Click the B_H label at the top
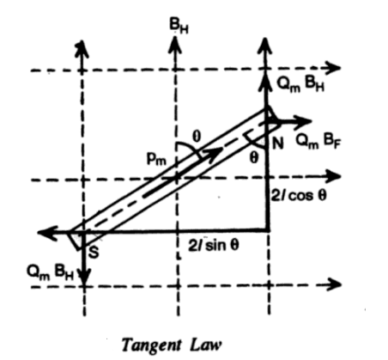point(179,27)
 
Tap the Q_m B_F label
point(318,141)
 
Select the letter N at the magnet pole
point(278,143)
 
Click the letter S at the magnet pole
point(94,252)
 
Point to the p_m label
point(156,158)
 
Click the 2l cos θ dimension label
point(299,196)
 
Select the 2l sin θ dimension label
point(214,245)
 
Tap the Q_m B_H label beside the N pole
point(300,84)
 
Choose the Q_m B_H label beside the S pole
point(51,272)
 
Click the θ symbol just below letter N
point(254,158)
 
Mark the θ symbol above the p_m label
point(197,137)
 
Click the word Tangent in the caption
point(152,345)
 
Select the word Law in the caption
point(205,345)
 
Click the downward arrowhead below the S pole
point(84,277)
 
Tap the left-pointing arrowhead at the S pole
point(46,232)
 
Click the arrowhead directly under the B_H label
point(176,45)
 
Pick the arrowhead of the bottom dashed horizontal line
point(333,284)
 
